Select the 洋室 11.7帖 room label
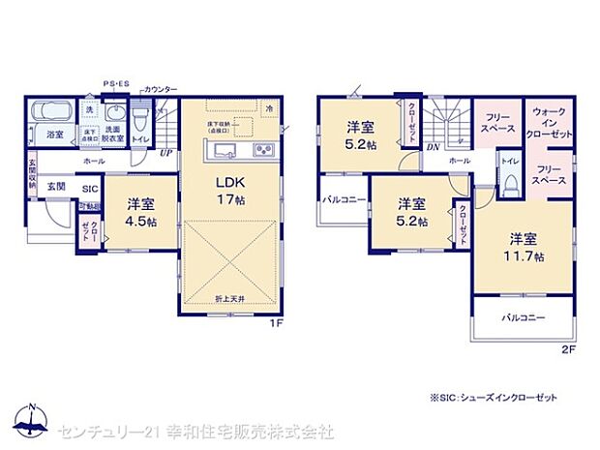[524, 248]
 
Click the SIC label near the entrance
[89, 189]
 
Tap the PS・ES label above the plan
[117, 84]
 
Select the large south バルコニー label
[523, 317]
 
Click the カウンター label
[161, 89]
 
